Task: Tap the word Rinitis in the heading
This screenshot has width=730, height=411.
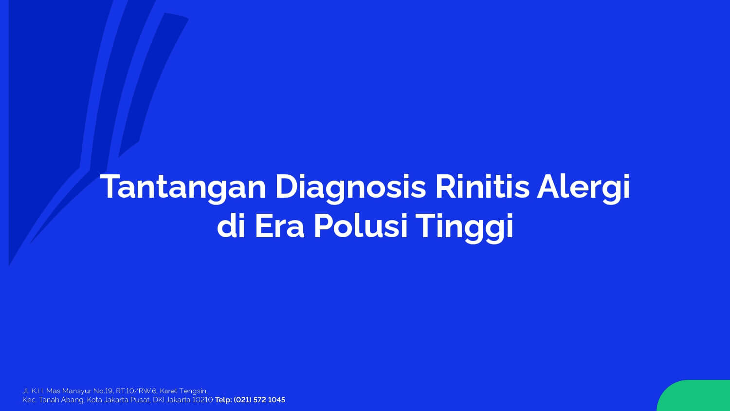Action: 482,186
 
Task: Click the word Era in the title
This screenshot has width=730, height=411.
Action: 279,226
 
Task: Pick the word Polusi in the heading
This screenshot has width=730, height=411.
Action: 361,226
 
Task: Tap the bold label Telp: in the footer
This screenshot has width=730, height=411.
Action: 223,400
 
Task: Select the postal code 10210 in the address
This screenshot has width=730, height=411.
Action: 202,400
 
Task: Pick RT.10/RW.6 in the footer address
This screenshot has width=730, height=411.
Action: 136,391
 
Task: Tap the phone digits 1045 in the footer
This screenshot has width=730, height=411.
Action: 276,400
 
